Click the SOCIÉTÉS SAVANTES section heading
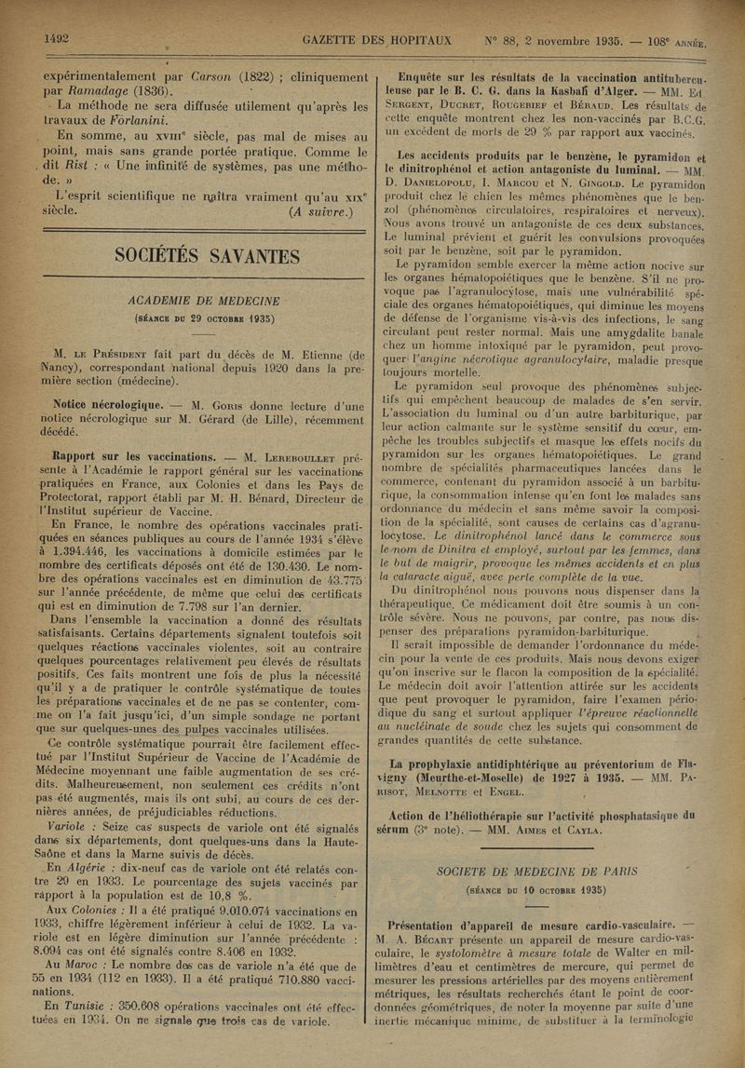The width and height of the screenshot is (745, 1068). [206, 256]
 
